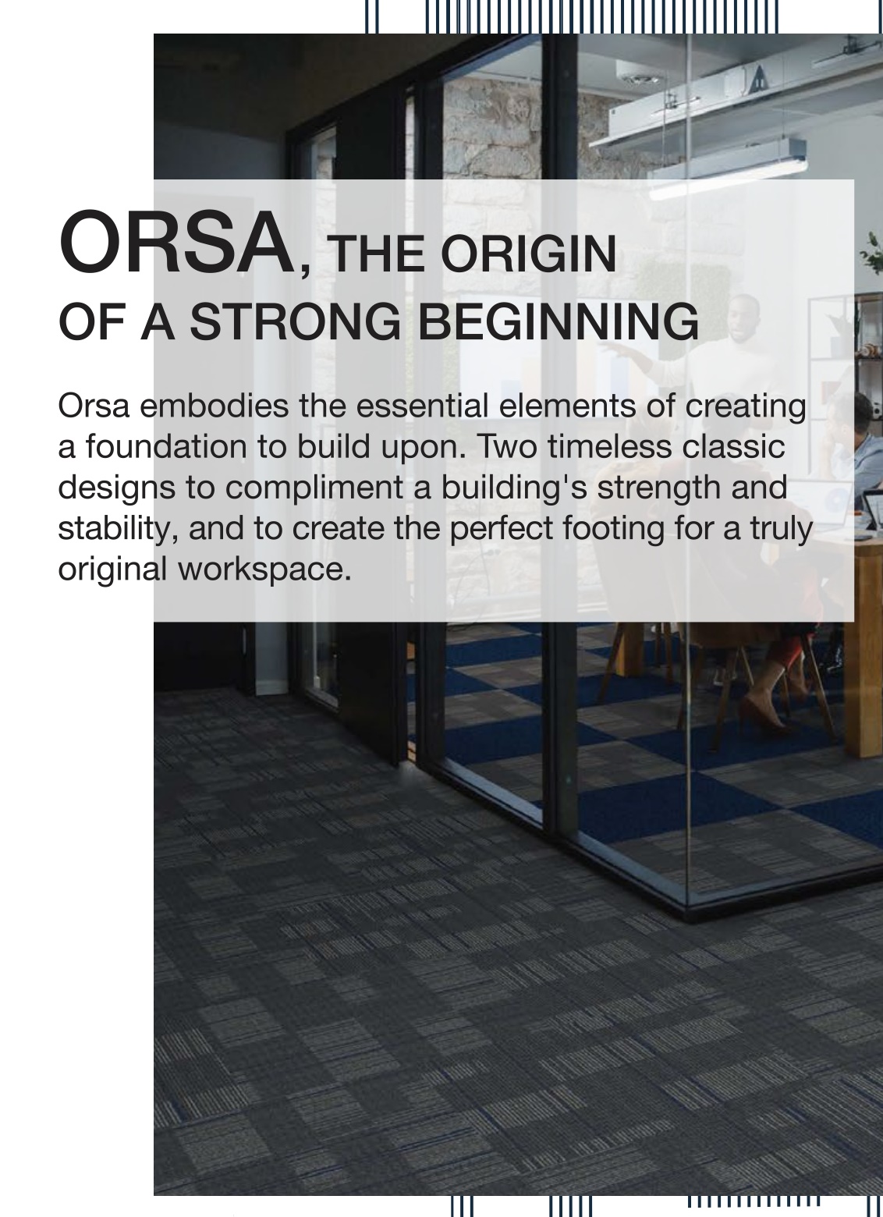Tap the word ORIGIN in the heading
point(529,254)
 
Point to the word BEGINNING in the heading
point(559,321)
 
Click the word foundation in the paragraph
point(161,446)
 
